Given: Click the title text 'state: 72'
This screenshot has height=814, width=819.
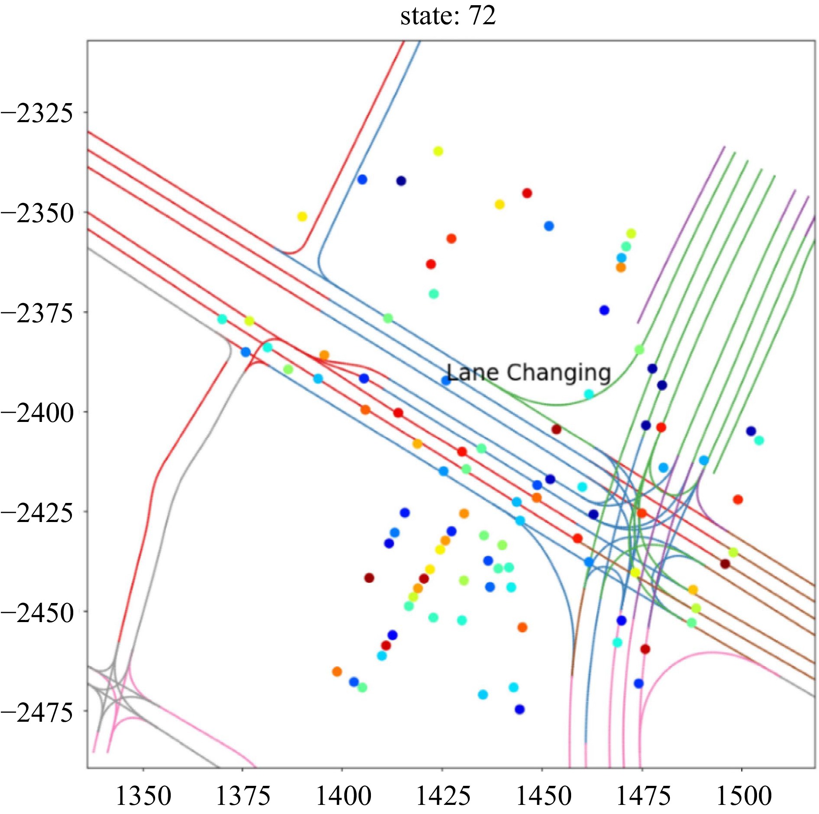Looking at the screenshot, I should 448,16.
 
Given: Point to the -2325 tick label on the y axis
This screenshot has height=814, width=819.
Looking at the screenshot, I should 37,114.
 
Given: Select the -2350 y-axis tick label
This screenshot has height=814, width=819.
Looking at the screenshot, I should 37,214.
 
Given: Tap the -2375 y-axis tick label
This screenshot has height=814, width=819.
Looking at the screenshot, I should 37,313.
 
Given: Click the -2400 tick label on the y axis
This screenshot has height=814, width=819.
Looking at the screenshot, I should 37,413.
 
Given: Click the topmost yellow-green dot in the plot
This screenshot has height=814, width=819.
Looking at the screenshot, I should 438,151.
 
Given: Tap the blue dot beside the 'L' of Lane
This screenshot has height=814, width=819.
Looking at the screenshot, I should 445,381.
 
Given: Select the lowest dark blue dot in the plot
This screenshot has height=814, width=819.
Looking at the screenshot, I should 520,709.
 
